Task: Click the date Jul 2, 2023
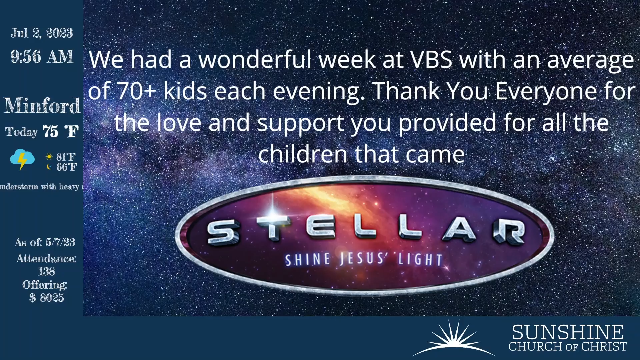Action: click(x=42, y=33)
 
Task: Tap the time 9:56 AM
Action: click(x=42, y=56)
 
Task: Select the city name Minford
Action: click(x=42, y=105)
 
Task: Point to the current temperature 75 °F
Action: click(x=61, y=131)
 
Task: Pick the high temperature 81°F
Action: click(x=66, y=157)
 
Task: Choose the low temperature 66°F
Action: click(x=66, y=167)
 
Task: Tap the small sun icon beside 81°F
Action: click(x=49, y=157)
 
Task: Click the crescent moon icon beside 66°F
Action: click(x=49, y=167)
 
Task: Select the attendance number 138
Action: click(x=47, y=271)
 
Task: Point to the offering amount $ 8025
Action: click(x=47, y=297)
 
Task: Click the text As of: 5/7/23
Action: click(x=45, y=242)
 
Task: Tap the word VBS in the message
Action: click(x=431, y=60)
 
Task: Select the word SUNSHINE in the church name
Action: click(x=568, y=332)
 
